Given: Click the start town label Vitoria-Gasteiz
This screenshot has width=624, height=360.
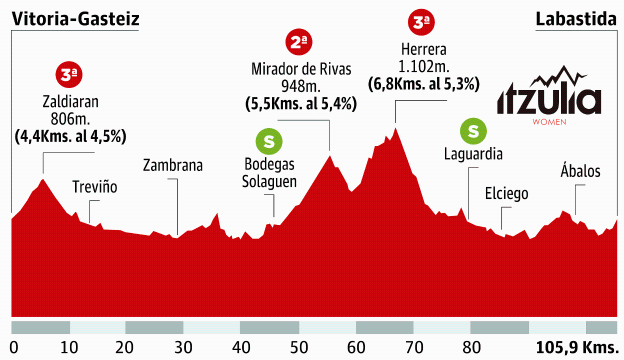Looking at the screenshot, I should point(75,19).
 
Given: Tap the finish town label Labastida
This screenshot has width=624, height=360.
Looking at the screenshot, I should point(575,19).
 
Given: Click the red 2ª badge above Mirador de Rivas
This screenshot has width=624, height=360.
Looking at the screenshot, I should point(299,43).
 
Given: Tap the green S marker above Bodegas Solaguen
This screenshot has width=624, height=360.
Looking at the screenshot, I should point(269,141).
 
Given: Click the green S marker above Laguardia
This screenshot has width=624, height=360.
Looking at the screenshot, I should point(473,131).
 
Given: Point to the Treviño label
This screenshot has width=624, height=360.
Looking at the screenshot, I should point(95,187).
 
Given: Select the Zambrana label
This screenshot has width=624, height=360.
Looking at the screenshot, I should point(173,165).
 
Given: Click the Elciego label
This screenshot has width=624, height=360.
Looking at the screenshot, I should point(506,193).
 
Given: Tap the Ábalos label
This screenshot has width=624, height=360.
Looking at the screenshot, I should point(580,171).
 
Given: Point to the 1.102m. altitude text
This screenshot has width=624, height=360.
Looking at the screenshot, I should point(423,67).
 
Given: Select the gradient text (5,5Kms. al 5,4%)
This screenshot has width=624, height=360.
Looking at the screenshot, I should point(301,104).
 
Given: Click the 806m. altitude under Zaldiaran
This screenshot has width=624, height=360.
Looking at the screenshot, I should point(70,119).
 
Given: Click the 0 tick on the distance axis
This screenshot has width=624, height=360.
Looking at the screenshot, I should point(14,347).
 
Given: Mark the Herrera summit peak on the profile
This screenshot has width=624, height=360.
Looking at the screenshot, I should point(395,128).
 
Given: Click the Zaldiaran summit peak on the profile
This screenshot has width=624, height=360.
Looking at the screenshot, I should point(43,179).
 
